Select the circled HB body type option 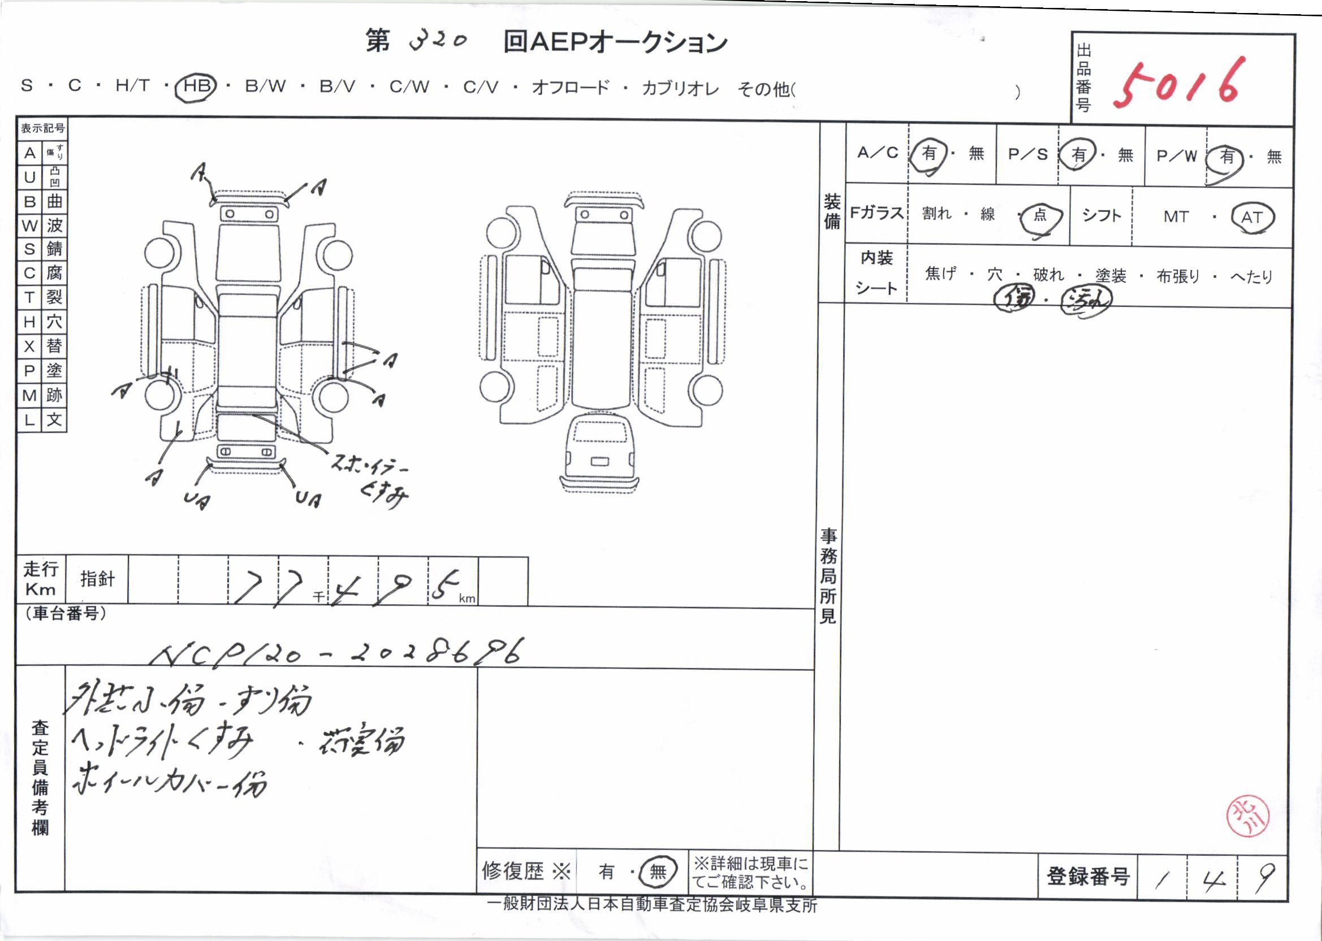coord(196,86)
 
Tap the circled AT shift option coord(1251,217)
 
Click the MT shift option coord(1176,217)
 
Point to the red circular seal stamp coord(1247,817)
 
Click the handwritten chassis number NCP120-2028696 coord(336,653)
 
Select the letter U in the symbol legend coord(29,177)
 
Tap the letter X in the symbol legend coord(29,346)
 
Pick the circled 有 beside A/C coord(929,154)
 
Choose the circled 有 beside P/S coord(1078,155)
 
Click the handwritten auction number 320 coord(438,41)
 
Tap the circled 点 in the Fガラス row coord(1040,215)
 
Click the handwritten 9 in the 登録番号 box coord(1263,877)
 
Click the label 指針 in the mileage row coord(97,579)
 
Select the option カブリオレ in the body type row coord(680,88)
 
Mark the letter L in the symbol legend coord(29,419)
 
